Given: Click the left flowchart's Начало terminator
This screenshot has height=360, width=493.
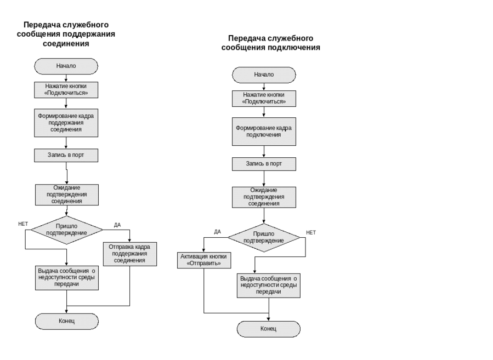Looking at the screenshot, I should pyautogui.click(x=66, y=66).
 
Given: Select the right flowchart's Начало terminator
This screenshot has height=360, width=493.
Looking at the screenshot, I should pyautogui.click(x=264, y=75).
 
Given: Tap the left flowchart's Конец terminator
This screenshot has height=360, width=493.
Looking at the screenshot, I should pyautogui.click(x=66, y=321).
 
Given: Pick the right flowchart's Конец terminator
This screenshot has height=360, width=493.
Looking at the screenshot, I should pyautogui.click(x=269, y=329).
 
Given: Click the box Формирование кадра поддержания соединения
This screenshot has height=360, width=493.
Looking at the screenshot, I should pyautogui.click(x=66, y=123).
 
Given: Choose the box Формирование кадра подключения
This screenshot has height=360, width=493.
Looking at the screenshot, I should pyautogui.click(x=264, y=132).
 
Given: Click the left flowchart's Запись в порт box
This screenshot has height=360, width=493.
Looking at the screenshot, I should pyautogui.click(x=66, y=156).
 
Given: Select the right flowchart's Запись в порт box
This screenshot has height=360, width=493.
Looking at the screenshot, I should pyautogui.click(x=264, y=164).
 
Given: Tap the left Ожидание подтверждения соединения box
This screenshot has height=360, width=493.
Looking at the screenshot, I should pyautogui.click(x=67, y=195).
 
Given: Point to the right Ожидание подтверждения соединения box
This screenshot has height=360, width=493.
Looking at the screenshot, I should pyautogui.click(x=264, y=197).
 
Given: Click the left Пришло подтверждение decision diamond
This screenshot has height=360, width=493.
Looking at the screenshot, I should pyautogui.click(x=66, y=230).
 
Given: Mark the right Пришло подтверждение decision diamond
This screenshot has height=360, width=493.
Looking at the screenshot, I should pyautogui.click(x=264, y=237).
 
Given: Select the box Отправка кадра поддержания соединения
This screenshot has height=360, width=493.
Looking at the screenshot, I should pyautogui.click(x=129, y=254).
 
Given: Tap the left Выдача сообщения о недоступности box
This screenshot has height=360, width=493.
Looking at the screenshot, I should pyautogui.click(x=67, y=277).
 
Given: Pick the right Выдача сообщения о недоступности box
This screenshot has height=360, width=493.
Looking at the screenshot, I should pyautogui.click(x=269, y=285).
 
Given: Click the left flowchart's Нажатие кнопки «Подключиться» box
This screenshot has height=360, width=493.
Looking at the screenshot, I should pyautogui.click(x=66, y=90).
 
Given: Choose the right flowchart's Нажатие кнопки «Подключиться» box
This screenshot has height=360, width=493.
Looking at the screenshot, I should pyautogui.click(x=264, y=99).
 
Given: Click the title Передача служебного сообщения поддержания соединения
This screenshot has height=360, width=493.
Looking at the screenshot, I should pyautogui.click(x=66, y=35).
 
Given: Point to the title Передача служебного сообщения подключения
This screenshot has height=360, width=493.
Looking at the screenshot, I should pyautogui.click(x=271, y=43).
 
